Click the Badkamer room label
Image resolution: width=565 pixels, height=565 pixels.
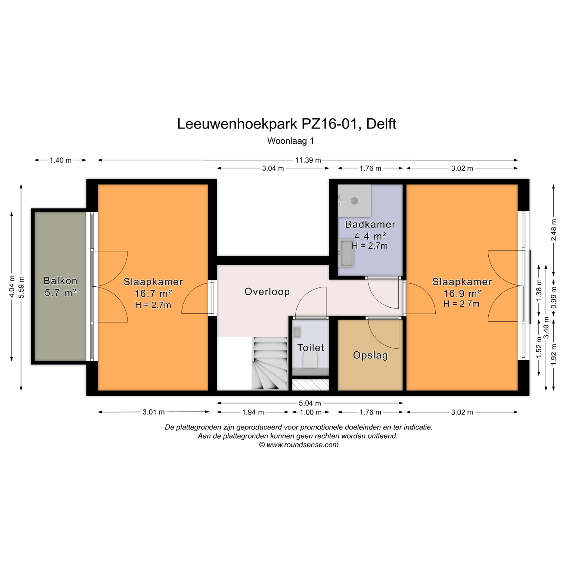tap(370, 224)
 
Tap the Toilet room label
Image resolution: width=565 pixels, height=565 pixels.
tap(311, 347)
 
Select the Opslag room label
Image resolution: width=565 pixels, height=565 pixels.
tap(370, 355)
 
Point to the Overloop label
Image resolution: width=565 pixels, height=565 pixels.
tap(267, 292)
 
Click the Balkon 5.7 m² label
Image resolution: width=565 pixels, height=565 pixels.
tap(60, 286)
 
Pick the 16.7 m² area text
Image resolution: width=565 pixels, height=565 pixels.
tap(153, 293)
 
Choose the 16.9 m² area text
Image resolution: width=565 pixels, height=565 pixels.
tap(462, 293)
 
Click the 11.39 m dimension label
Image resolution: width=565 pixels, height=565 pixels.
tap(308, 160)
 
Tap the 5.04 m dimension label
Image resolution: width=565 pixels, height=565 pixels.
tap(310, 403)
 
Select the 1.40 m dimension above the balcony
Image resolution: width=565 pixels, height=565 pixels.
tap(60, 160)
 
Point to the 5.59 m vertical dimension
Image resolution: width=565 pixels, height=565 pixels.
tap(22, 287)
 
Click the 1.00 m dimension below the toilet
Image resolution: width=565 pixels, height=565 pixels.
tap(311, 412)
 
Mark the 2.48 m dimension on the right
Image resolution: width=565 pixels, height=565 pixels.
tap(554, 230)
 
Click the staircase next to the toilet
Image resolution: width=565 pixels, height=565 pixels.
tap(270, 363)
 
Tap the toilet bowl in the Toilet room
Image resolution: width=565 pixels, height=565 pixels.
tap(310, 360)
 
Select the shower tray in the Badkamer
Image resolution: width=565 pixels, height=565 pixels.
tap(354, 201)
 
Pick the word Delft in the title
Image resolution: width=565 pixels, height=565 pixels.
tap(381, 124)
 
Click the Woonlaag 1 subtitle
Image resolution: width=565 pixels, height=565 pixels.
tap(291, 141)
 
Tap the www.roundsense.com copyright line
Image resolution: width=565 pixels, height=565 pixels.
tap(299, 445)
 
